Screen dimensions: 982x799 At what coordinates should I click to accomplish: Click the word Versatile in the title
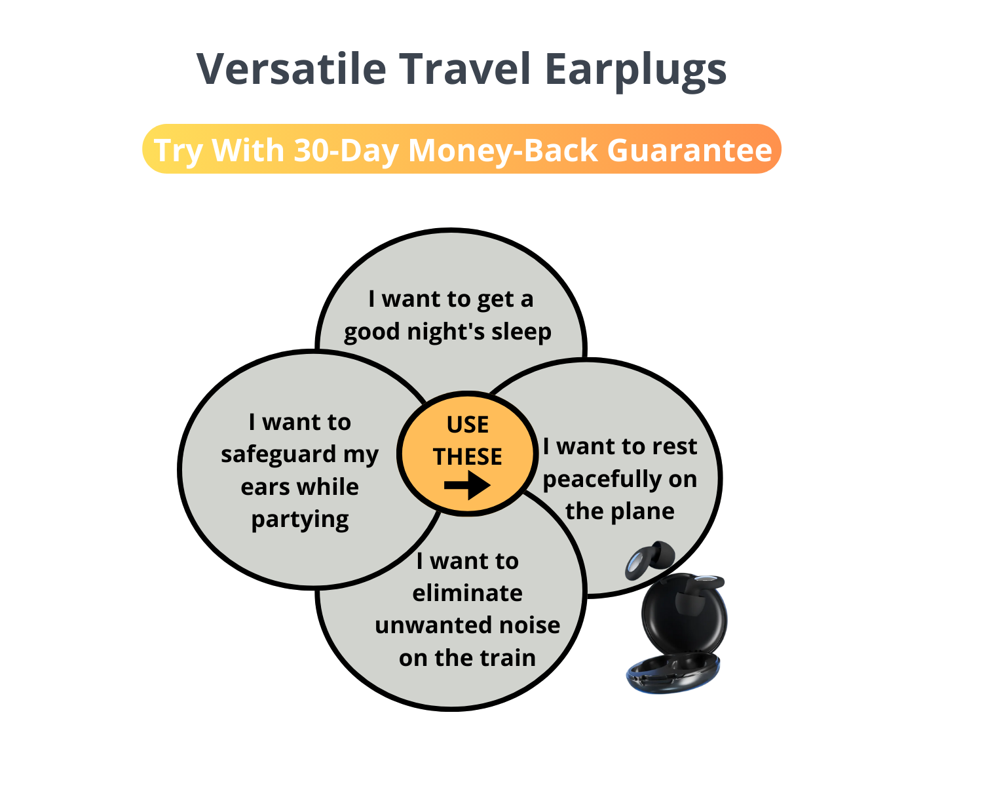(x=291, y=69)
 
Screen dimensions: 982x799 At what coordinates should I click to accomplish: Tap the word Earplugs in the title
(x=635, y=71)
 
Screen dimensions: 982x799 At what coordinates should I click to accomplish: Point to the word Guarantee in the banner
(x=689, y=150)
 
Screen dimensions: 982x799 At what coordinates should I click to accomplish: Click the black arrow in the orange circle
(x=467, y=485)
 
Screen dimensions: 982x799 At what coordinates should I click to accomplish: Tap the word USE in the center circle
(x=467, y=425)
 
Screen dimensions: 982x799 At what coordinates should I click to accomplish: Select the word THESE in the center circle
(x=467, y=457)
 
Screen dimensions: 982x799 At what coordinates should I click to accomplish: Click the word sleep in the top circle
(x=521, y=332)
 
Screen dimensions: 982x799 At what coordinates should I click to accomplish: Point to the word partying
(x=299, y=520)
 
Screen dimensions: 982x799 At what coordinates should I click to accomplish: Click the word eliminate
(x=467, y=593)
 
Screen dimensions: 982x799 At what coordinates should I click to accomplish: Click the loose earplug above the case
(x=649, y=560)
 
